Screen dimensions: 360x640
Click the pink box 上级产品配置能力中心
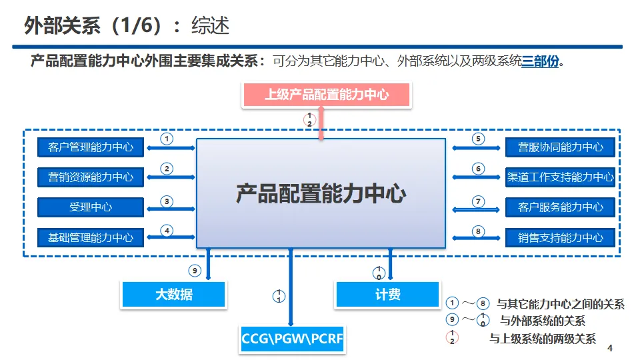326,95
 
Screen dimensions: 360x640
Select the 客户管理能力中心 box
91,147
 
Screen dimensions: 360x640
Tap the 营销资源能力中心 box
91,177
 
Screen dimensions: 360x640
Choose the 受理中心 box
91,207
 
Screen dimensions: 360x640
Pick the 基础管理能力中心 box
91,237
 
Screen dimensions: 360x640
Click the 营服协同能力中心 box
560,147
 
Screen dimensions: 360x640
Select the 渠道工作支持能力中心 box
560,177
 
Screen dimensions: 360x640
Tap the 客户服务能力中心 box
560,207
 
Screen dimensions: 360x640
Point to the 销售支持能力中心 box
560,237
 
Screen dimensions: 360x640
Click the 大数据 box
173,294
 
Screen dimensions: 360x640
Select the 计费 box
387,294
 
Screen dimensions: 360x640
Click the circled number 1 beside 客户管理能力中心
167,139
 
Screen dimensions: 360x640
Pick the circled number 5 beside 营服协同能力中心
478,139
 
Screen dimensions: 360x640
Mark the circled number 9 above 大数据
195,271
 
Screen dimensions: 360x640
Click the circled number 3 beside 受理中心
167,201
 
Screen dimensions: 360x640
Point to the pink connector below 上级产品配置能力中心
321,124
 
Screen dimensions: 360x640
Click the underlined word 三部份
540,62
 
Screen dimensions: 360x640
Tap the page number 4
610,349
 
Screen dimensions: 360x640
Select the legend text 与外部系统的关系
543,321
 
